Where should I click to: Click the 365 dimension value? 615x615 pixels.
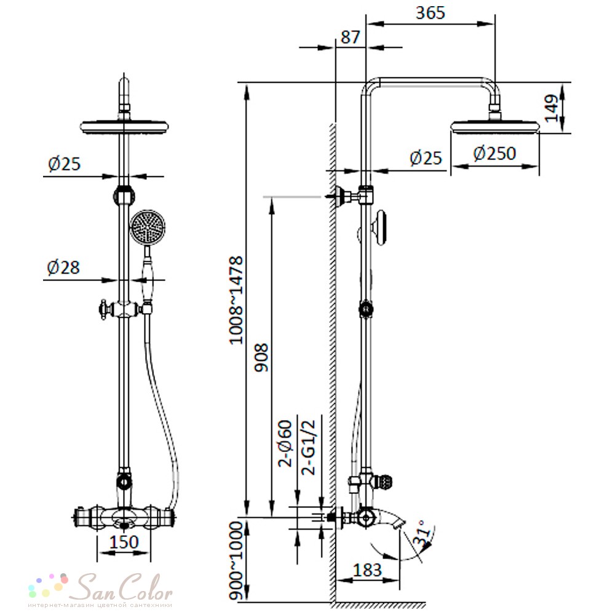click(x=430, y=12)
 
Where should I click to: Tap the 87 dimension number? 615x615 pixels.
click(x=351, y=38)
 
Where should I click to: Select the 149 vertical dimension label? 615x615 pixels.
click(x=552, y=108)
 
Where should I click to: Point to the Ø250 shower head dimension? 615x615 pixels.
click(x=494, y=153)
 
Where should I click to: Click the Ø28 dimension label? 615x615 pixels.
click(x=63, y=268)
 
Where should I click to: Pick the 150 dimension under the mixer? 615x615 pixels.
click(x=124, y=542)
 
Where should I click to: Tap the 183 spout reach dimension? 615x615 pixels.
click(x=367, y=570)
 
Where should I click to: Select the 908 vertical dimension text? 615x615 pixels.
click(x=261, y=357)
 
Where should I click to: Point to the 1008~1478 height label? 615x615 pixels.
click(x=236, y=301)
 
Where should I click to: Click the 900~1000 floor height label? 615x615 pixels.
click(x=236, y=561)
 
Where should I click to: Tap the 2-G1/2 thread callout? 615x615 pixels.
click(x=308, y=448)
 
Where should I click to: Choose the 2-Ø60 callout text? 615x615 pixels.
click(x=285, y=443)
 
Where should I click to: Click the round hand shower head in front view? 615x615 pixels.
click(x=148, y=228)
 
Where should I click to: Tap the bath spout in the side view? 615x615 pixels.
click(x=391, y=518)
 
